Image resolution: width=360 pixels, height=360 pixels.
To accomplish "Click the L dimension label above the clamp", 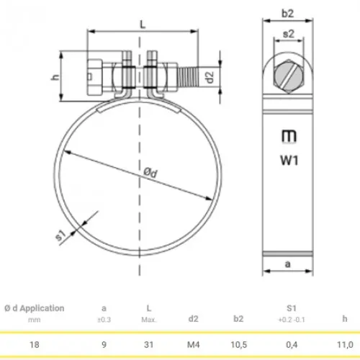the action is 143,24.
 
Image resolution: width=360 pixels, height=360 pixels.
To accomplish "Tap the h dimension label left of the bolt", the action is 55,77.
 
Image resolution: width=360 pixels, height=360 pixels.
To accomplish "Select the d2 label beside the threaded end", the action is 210,77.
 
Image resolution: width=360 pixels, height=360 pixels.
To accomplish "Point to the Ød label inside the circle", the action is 150,172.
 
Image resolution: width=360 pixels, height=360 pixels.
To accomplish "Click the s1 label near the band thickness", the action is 60,235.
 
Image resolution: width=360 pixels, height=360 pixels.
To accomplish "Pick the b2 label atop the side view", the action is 287,13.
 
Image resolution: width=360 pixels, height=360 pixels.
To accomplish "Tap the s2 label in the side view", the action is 288,34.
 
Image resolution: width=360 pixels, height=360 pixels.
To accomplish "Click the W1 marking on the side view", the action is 289,160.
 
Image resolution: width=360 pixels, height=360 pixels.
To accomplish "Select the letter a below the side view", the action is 287,264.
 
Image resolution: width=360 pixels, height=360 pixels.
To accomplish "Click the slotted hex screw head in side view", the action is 289,76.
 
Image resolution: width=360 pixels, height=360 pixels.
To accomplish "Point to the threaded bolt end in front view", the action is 189,76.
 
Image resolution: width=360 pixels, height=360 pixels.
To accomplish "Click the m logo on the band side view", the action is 289,136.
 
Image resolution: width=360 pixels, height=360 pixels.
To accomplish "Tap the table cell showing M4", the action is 193,345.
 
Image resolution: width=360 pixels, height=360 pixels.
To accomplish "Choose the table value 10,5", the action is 238,345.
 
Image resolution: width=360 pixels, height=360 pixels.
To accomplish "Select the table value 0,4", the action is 292,345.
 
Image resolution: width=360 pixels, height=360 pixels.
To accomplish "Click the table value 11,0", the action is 345,345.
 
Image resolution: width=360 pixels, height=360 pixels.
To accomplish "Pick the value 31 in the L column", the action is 148,345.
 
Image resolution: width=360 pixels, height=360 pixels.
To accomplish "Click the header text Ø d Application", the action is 35,308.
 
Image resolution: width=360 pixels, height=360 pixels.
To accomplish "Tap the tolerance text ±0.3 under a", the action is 104,320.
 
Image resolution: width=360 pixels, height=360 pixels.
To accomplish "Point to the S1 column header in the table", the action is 292,308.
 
